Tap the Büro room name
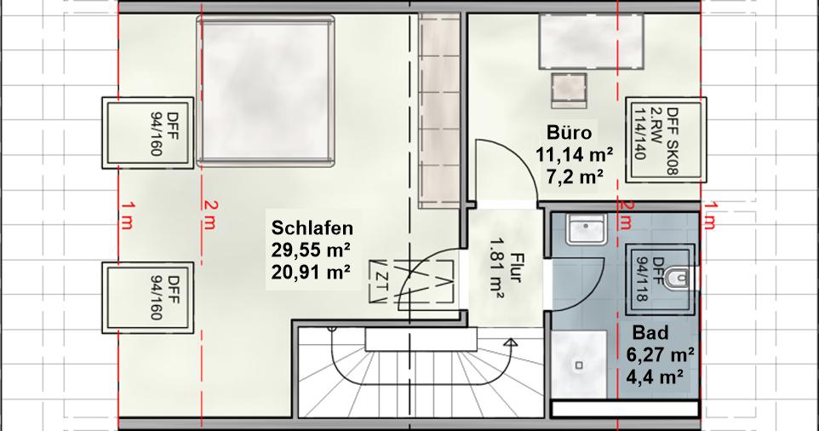point(569,133)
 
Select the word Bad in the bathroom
point(650,332)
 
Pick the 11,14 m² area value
point(575,155)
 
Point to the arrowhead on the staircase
point(511,343)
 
